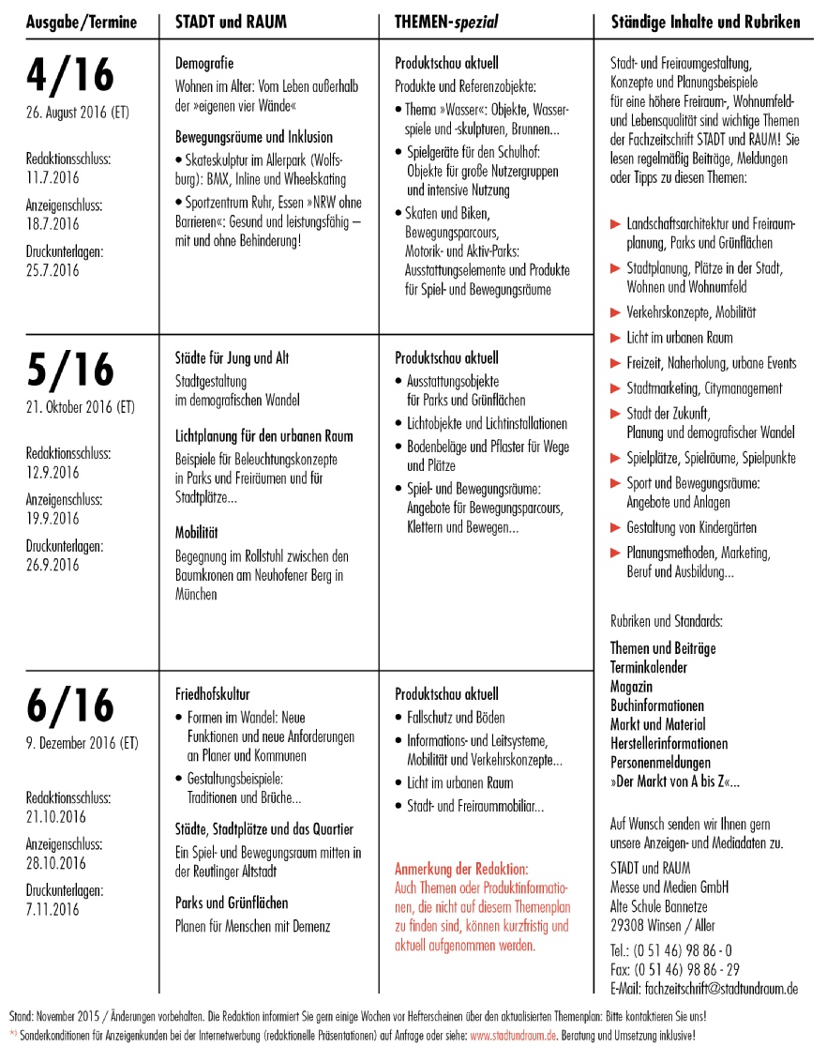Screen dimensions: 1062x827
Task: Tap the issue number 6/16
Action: [x=70, y=706]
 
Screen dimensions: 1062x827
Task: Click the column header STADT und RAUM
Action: [x=232, y=22]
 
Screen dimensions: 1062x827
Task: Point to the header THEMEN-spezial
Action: [x=446, y=22]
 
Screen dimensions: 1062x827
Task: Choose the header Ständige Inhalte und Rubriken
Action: [x=705, y=22]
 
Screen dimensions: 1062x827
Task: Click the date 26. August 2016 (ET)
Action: [x=78, y=114]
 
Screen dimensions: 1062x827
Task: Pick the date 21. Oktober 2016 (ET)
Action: [x=83, y=408]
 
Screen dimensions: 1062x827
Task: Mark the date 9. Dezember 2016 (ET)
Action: [x=83, y=743]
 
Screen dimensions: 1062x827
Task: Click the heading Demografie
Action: [x=204, y=64]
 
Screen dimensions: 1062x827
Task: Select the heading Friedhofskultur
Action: [x=213, y=694]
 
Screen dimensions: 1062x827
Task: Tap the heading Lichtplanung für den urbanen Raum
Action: [x=264, y=436]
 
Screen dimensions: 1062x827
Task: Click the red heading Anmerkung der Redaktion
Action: [x=462, y=869]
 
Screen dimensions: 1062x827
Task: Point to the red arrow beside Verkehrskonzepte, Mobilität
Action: [x=616, y=312]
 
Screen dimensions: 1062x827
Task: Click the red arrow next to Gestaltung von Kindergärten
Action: [x=616, y=527]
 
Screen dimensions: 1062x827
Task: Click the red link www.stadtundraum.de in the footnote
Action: [x=514, y=1036]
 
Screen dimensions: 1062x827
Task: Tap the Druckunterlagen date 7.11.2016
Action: [x=53, y=909]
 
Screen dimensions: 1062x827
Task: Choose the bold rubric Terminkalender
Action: [x=649, y=667]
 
